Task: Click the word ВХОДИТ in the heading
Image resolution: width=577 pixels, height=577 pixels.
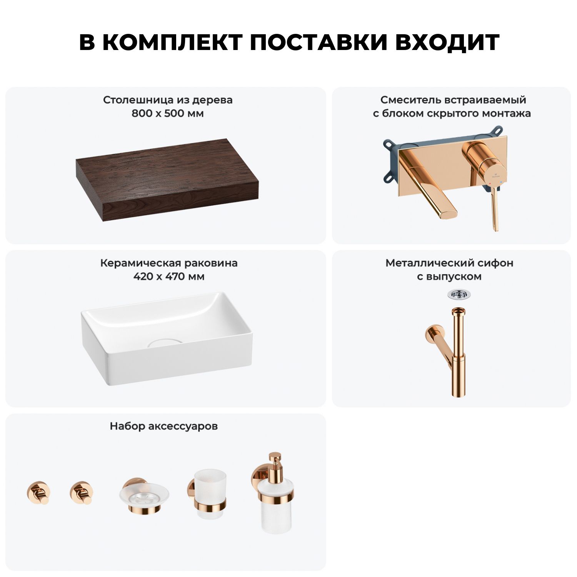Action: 447,42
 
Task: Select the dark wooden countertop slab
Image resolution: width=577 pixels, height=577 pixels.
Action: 167,180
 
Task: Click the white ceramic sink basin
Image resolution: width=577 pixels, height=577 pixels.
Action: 167,339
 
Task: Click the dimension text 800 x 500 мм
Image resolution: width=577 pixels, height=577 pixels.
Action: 168,113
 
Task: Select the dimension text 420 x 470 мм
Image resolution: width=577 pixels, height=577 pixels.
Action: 169,277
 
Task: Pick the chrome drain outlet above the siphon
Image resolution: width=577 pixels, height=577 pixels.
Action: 459,295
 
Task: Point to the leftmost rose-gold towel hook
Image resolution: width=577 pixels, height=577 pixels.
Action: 38,492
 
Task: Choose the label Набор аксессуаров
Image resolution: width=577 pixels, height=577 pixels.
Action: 164,426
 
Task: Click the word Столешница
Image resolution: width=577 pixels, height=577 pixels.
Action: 138,100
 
